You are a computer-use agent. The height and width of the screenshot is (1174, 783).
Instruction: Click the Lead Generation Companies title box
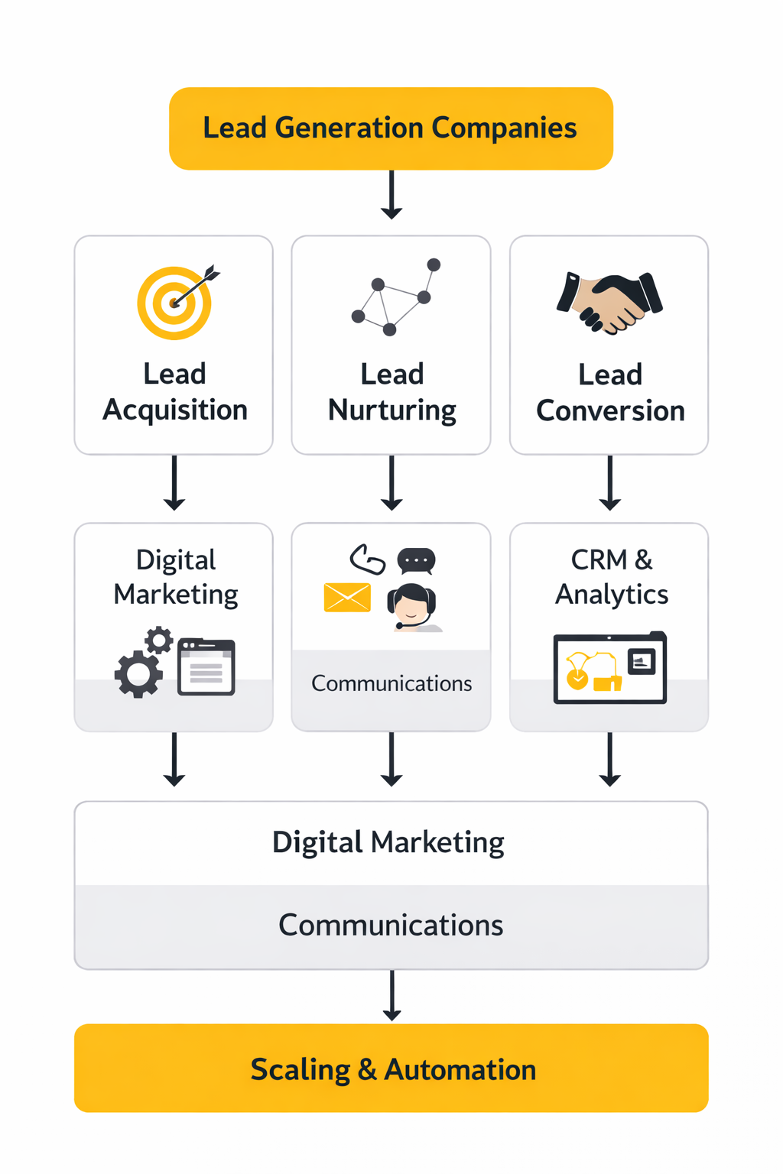pos(391,128)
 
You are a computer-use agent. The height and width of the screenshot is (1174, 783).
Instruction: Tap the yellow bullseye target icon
pos(175,303)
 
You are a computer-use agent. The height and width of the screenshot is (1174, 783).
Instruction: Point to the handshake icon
pos(609,303)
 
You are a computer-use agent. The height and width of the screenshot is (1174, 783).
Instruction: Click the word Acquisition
pos(175,410)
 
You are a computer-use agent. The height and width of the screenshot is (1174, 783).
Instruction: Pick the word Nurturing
pos(392,411)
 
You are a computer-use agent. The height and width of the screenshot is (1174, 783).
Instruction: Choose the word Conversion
pos(610,411)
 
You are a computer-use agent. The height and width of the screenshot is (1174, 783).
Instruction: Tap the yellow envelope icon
pos(347,598)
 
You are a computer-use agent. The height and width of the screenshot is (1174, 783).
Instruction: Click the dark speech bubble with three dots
pos(416,561)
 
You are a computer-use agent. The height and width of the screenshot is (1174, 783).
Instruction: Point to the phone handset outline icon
pos(367,559)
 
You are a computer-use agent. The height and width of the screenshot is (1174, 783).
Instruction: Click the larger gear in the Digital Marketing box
pos(138,673)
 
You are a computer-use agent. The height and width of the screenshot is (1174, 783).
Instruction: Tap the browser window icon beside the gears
pos(206,667)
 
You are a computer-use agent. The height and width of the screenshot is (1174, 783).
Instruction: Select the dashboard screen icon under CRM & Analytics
pos(609,668)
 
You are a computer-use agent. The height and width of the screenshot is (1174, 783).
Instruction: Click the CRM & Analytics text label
pos(611,577)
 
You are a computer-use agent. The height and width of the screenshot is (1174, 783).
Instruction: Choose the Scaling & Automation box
pos(391,1068)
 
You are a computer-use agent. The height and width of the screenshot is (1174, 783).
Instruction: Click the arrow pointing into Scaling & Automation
pos(391,995)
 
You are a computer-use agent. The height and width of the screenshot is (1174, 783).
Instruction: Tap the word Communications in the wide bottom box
pos(391,926)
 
